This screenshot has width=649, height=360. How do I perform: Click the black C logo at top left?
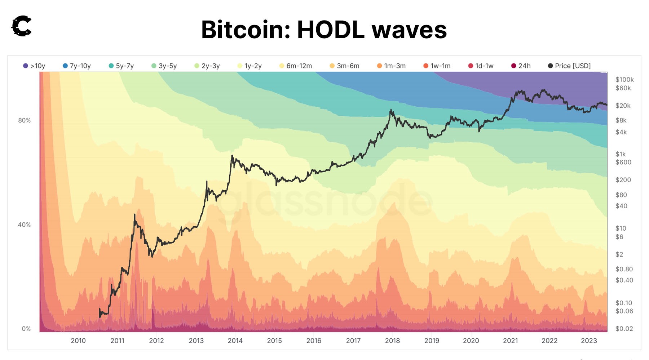(22, 26)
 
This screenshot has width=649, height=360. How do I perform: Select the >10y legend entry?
(34, 66)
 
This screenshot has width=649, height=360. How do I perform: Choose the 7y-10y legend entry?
(77, 66)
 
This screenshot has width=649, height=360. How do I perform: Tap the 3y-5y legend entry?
(164, 66)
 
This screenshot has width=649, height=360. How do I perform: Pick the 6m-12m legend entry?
(296, 66)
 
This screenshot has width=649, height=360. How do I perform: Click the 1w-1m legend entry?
(437, 66)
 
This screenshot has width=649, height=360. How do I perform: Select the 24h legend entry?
(521, 66)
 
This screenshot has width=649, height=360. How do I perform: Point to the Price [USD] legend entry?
(569, 66)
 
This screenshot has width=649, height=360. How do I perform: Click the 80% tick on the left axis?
(25, 120)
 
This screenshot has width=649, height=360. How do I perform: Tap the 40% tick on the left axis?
(25, 225)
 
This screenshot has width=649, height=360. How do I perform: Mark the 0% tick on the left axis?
(26, 329)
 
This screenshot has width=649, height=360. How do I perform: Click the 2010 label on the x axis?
(78, 341)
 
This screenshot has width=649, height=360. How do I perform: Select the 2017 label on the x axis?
(353, 341)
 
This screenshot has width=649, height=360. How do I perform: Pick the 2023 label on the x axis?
(589, 341)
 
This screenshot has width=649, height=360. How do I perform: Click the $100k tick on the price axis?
(624, 80)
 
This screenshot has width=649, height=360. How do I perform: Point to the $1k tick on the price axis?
(621, 154)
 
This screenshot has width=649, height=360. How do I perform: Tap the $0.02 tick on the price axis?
(624, 329)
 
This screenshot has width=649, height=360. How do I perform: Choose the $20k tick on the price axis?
(623, 106)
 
